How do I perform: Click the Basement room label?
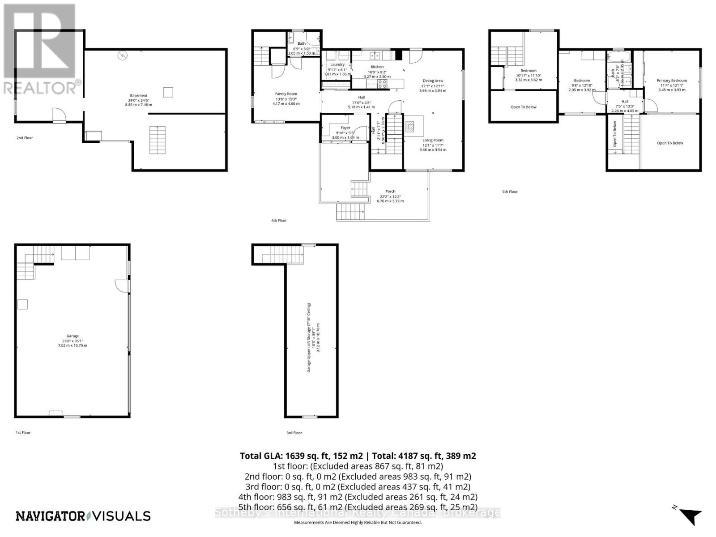(x=138, y=95)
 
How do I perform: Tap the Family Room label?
(x=286, y=94)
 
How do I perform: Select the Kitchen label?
(x=377, y=67)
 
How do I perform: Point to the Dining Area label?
(x=432, y=81)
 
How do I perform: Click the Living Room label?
(x=433, y=141)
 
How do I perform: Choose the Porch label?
(x=390, y=192)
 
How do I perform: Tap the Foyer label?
(x=345, y=128)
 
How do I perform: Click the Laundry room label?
(x=337, y=65)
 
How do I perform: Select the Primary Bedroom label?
(x=671, y=81)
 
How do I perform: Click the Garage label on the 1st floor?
(x=72, y=336)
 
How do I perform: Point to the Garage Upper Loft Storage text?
(x=309, y=337)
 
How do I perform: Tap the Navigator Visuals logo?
(x=83, y=516)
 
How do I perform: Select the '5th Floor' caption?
(x=510, y=192)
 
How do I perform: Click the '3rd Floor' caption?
(x=294, y=433)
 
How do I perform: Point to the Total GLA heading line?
(x=358, y=456)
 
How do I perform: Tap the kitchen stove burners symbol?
(x=382, y=83)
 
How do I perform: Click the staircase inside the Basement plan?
(x=157, y=140)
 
